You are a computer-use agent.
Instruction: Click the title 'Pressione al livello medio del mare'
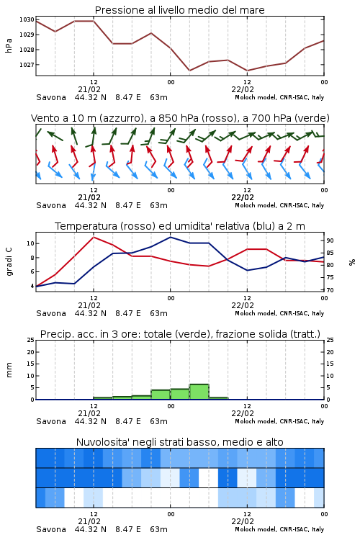coord(179,10)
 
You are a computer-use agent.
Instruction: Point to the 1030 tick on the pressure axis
coord(27,19)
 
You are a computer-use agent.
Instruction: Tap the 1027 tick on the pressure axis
coord(27,64)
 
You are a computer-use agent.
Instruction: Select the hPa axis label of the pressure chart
coord(9,45)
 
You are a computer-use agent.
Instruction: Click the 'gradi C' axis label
coord(9,261)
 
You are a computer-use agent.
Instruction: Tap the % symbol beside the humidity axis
coord(352,262)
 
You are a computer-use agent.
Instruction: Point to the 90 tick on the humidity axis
coord(330,240)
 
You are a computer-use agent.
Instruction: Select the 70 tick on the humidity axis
coord(330,290)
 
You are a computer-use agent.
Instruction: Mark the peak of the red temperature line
coord(94,237)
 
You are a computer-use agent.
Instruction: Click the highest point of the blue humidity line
coord(170,237)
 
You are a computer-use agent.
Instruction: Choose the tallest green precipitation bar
coord(199,392)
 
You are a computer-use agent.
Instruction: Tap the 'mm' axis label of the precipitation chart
coord(9,370)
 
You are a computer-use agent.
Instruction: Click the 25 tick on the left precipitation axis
coord(31,340)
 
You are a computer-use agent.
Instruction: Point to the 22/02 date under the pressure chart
coord(243,89)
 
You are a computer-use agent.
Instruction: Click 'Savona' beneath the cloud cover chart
coord(51,529)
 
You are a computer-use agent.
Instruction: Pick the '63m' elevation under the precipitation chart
coord(158,421)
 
